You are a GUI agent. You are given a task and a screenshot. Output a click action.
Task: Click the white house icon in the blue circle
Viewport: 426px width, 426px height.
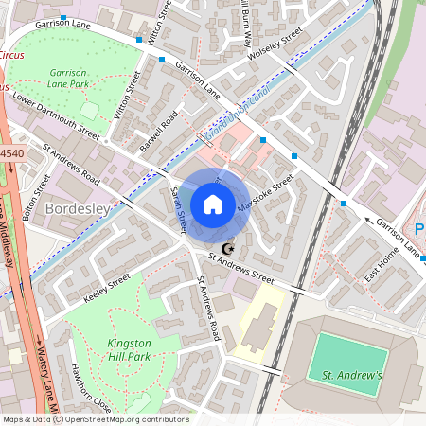click(213, 204)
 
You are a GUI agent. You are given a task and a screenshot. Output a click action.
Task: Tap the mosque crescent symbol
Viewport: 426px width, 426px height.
click(225, 249)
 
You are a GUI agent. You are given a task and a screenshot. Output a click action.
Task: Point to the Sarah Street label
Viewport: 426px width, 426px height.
click(177, 209)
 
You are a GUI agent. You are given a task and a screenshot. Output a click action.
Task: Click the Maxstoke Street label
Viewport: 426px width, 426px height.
click(266, 194)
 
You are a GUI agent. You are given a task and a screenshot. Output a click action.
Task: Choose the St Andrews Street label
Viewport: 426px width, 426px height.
click(241, 270)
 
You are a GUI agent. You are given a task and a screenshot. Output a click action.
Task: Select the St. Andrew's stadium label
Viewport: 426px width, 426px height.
click(352, 376)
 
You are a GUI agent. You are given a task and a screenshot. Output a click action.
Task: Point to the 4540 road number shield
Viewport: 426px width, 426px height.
click(11, 152)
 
